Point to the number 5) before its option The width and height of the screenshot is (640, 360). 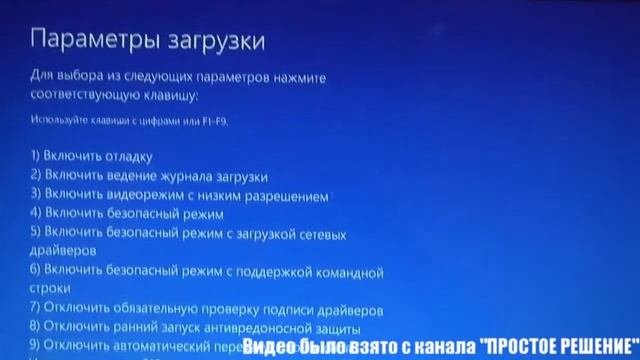(x=35, y=233)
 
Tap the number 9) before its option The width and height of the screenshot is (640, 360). (x=35, y=345)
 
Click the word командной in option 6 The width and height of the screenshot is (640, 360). (x=350, y=271)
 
